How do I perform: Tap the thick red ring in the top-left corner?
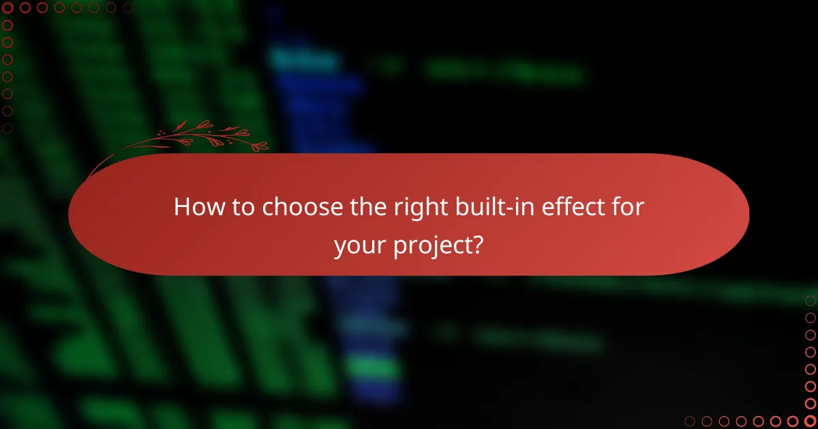coord(8,8)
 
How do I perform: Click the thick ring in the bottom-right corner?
coord(810,421)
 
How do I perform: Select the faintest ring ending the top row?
coord(127,8)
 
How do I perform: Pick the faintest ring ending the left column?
coord(8,127)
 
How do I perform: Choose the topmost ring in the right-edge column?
coord(810,300)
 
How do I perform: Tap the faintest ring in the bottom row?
coord(690,421)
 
